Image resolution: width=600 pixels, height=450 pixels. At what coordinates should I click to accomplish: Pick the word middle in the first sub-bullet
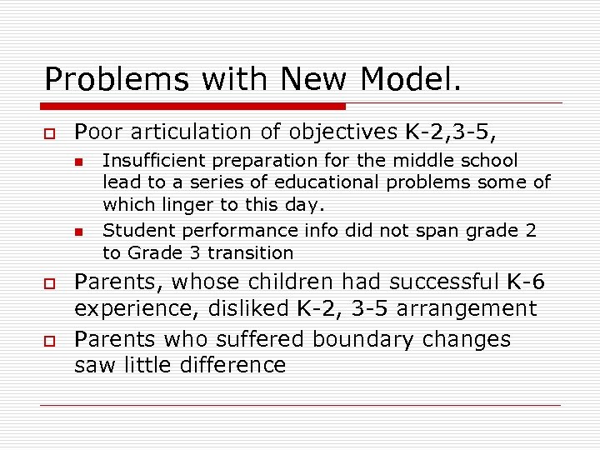click(x=431, y=160)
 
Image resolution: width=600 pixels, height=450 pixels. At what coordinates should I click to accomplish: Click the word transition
click(x=250, y=252)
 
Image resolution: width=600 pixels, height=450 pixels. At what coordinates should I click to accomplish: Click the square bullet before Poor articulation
click(x=50, y=132)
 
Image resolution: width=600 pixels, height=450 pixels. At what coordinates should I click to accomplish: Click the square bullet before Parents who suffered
click(x=50, y=340)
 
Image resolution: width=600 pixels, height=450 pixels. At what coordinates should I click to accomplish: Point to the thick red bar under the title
click(x=192, y=107)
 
